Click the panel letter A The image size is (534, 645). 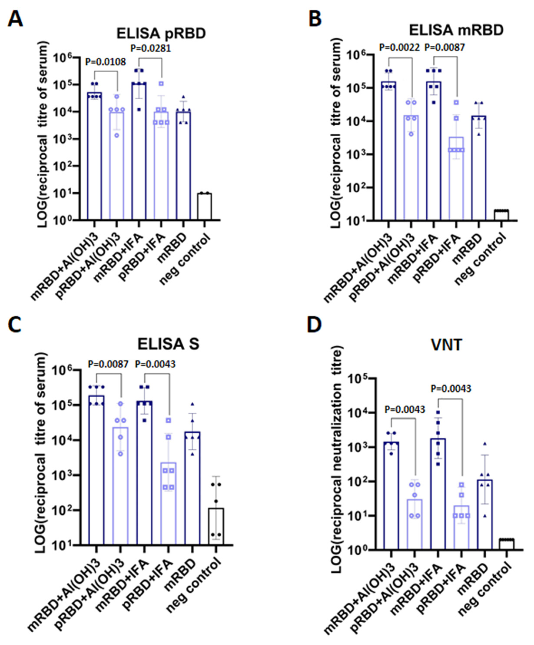[x=15, y=19]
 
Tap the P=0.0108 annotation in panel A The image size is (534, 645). [x=105, y=62]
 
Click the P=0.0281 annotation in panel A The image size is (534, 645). [x=150, y=48]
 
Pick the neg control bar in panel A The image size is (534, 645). [x=205, y=206]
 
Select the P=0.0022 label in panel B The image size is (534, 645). [x=399, y=47]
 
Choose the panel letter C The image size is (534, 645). [x=15, y=326]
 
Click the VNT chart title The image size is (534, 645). [x=446, y=345]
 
